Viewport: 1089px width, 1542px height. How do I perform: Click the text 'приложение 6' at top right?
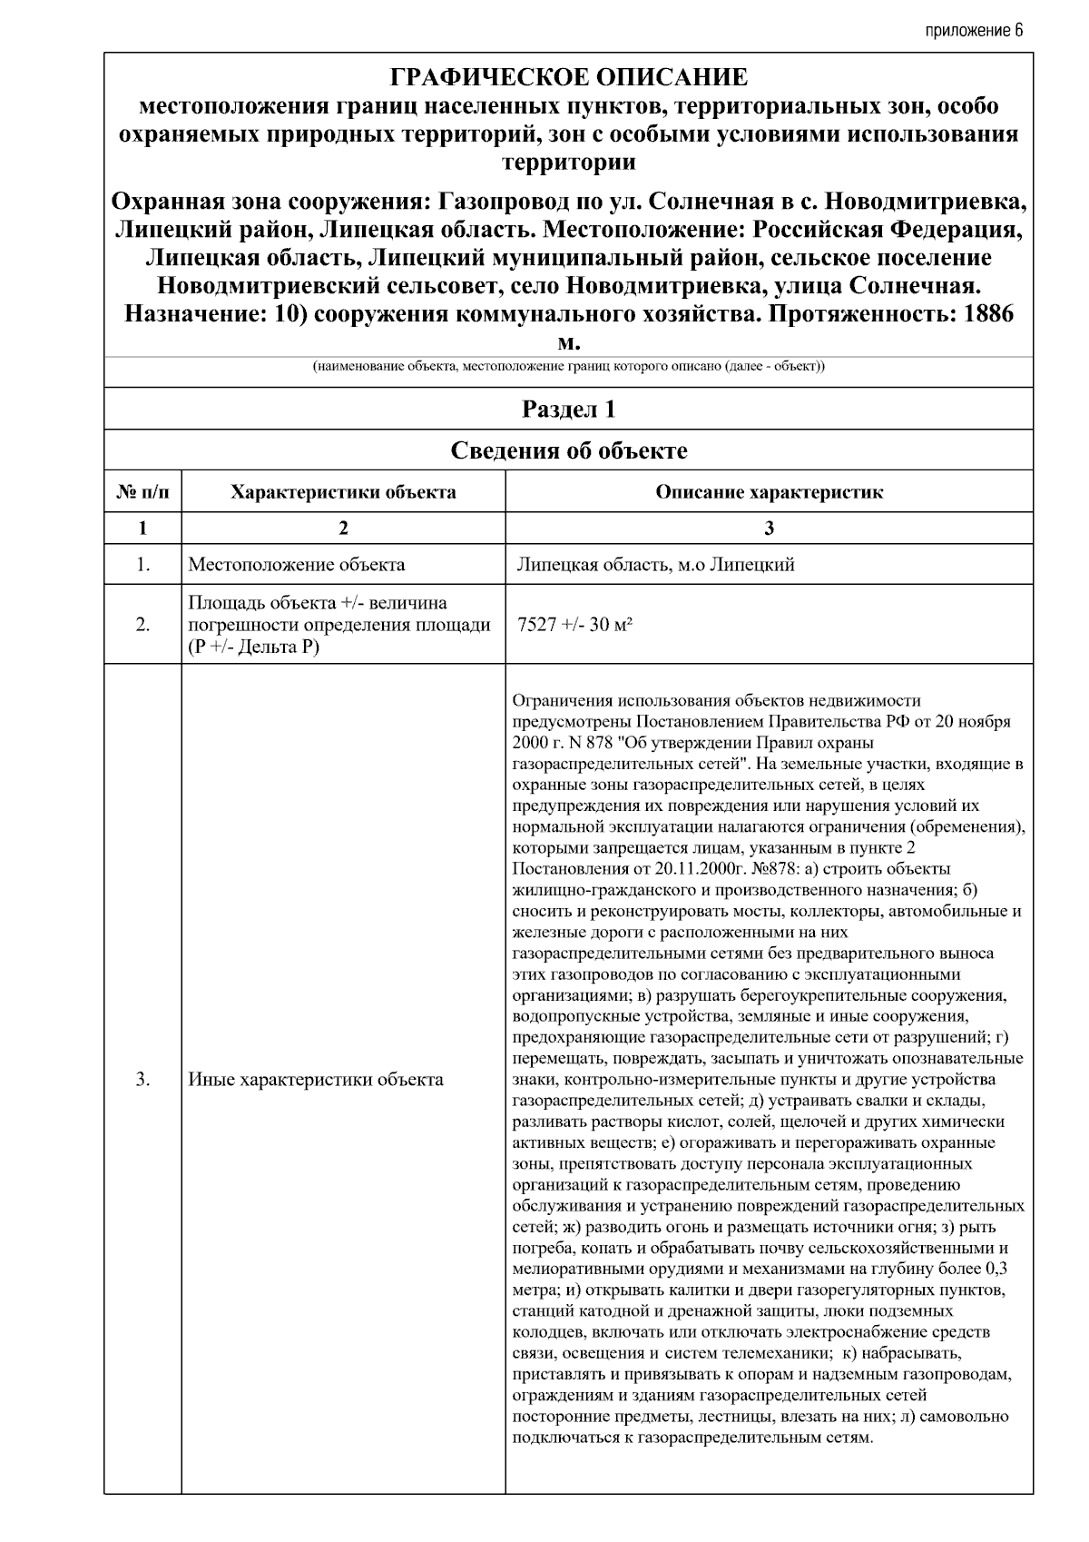[x=974, y=30]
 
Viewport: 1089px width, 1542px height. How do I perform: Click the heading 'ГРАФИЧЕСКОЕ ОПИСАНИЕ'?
[x=568, y=77]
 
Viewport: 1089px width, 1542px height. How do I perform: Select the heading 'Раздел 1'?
[x=568, y=410]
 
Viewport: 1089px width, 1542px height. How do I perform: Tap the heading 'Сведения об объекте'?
[x=568, y=450]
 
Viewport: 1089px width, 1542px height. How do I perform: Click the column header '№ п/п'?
[x=142, y=492]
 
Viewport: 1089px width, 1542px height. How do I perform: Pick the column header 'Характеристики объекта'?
[x=343, y=492]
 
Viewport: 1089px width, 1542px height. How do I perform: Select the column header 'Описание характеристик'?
[x=769, y=492]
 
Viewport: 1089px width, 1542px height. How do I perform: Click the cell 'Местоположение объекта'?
[x=297, y=565]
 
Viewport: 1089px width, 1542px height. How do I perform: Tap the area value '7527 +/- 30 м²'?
[x=574, y=625]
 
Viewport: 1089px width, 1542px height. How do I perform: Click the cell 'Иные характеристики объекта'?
[x=316, y=1080]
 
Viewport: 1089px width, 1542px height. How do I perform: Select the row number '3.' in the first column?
[x=142, y=1080]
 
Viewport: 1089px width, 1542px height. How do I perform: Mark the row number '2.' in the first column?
[x=142, y=625]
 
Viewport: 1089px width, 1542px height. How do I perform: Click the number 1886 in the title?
[x=984, y=315]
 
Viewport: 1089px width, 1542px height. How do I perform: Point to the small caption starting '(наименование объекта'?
[x=568, y=367]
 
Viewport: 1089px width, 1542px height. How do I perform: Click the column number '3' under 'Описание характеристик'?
[x=769, y=529]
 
